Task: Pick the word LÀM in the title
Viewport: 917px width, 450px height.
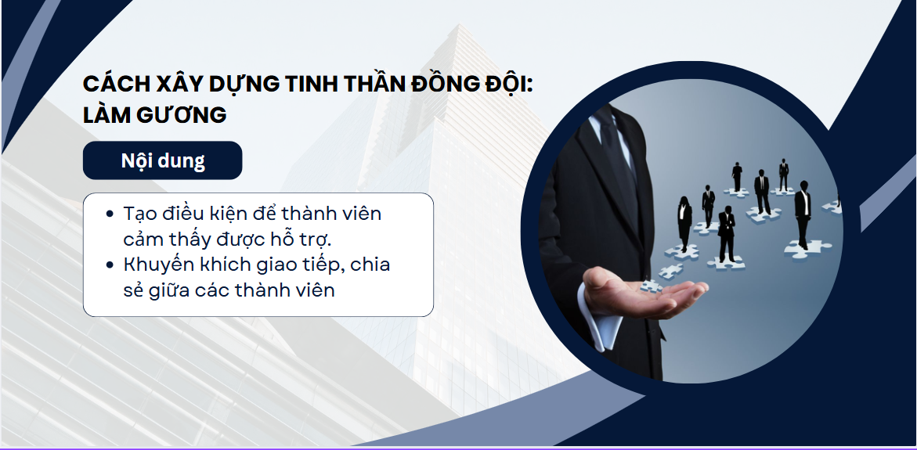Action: click(x=107, y=114)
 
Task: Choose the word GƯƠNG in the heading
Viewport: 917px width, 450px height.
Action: click(x=182, y=115)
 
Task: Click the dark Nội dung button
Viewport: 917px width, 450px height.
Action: click(x=163, y=160)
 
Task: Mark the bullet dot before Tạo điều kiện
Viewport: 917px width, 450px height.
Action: click(x=110, y=214)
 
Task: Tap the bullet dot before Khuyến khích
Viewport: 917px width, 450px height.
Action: click(x=110, y=265)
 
